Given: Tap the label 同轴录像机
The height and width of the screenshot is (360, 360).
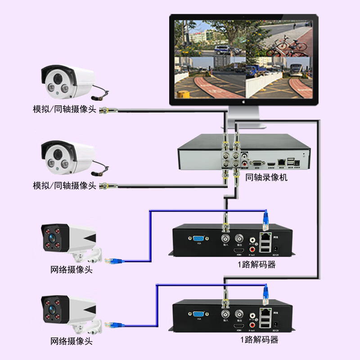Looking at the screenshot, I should click(266, 177).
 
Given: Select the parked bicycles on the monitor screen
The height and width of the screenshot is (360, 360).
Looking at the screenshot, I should click(286, 47).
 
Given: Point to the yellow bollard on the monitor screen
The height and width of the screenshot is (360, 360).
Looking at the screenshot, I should click(182, 94).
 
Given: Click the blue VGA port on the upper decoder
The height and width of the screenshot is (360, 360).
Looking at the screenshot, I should click(198, 239).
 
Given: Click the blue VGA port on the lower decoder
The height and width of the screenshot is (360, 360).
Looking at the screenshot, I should click(198, 314).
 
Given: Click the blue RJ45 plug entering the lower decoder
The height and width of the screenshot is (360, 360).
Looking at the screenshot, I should click(266, 293).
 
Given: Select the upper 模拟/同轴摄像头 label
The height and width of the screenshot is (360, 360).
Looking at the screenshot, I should click(64, 109).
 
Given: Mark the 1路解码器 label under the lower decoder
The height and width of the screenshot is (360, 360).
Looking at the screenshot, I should click(258, 340).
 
